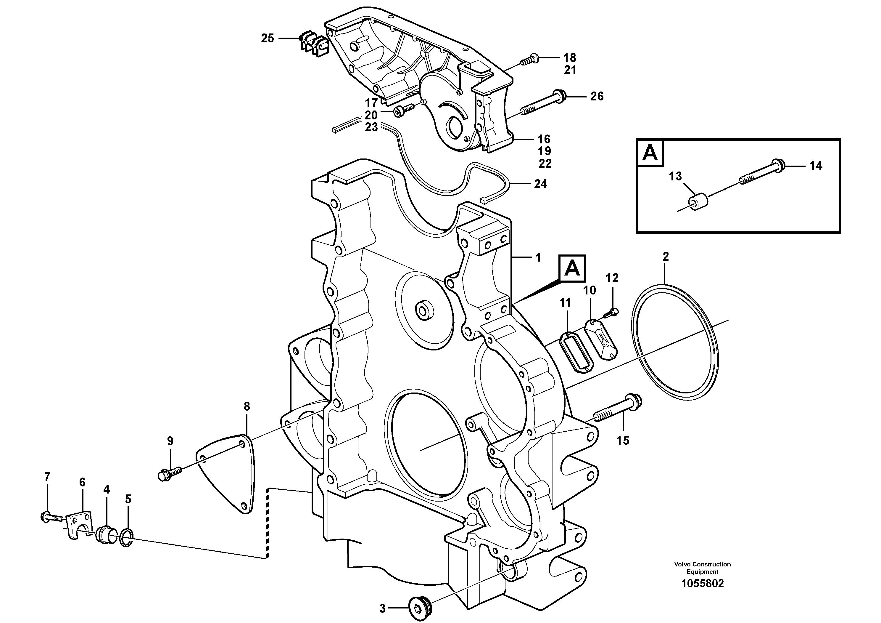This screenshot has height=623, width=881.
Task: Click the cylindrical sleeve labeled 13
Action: click(698, 202)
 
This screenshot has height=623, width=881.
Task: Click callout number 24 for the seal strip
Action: click(540, 184)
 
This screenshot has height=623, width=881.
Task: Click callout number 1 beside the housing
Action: click(538, 258)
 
